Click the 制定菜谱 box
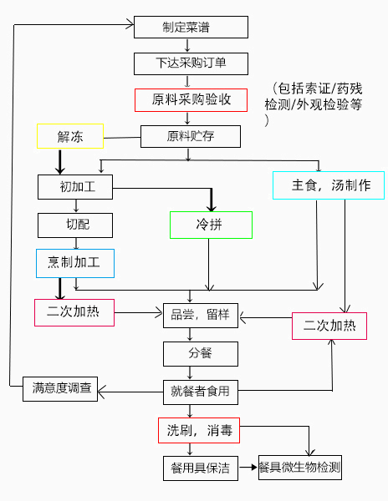191,28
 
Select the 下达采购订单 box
191,64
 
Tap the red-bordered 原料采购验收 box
191,100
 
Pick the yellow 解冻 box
70,136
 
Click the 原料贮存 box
191,136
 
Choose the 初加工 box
75,187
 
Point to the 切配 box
75,225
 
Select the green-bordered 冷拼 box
211,225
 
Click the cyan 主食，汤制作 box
329,185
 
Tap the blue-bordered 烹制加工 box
75,263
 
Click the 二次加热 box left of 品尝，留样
74,312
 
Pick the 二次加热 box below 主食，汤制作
329,326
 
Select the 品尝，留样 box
201,316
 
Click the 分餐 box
201,354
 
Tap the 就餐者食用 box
201,392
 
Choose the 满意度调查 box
60,389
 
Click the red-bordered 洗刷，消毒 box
199,430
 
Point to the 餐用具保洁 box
201,468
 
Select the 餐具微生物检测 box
300,468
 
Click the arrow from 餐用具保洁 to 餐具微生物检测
248,468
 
